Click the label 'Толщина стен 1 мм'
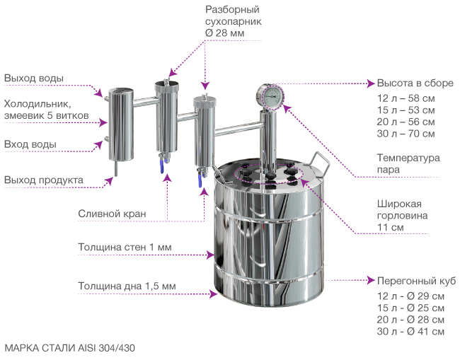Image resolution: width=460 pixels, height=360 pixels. coord(125,248)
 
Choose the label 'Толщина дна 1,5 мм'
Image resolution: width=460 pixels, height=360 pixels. coord(127,286)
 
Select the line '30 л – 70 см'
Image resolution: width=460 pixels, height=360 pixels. coord(406,134)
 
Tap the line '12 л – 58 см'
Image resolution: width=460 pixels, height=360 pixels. coord(406,98)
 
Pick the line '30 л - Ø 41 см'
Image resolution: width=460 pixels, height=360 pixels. coord(411,332)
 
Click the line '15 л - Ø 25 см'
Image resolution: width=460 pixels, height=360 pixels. coord(411,308)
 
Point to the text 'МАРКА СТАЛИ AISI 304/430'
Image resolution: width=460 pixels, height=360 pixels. coord(69,348)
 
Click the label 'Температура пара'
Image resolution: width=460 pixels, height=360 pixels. coord(408,163)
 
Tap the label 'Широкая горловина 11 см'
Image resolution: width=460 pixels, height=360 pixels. coord(401,215)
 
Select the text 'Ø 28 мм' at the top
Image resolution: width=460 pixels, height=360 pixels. coord(224,33)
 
